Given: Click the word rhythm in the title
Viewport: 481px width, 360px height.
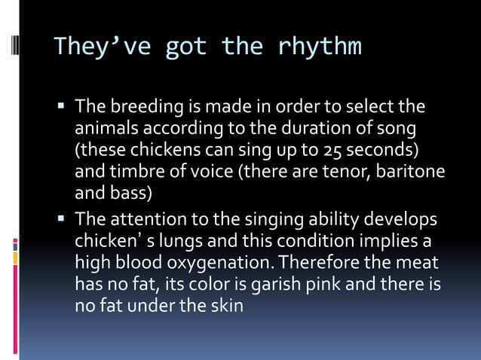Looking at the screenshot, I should click(x=320, y=47).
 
